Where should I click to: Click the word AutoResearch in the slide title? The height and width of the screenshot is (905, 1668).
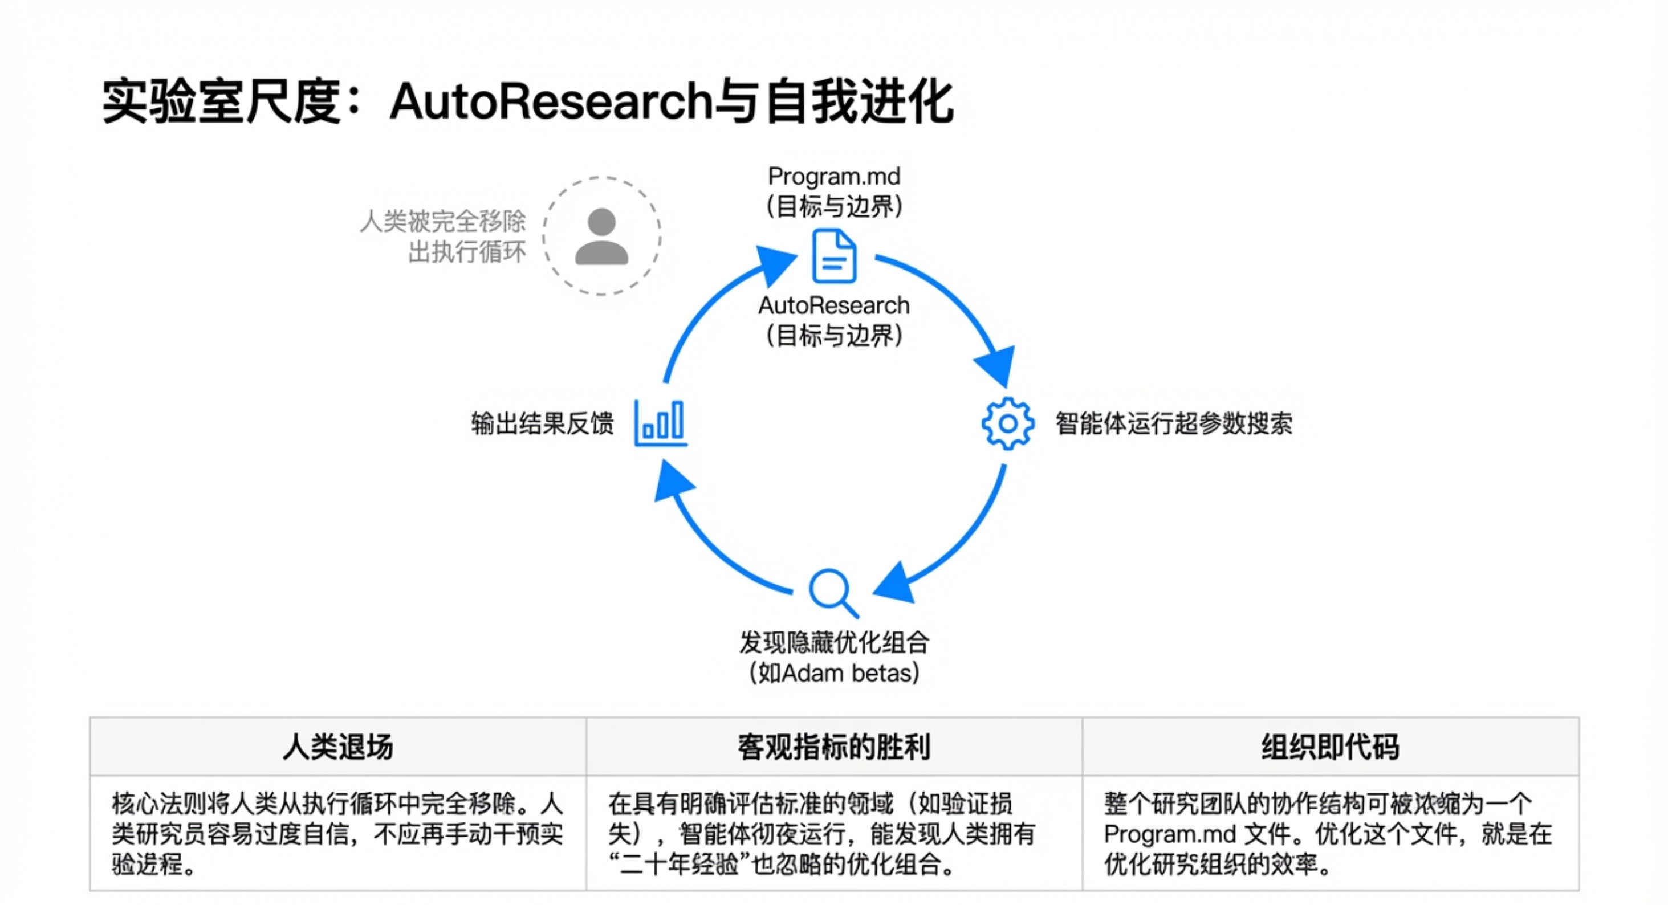[x=550, y=102]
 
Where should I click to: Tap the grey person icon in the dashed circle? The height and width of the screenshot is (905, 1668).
[x=601, y=237]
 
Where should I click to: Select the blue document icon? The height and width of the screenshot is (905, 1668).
[x=834, y=256]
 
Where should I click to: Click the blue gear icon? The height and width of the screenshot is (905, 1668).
[x=1007, y=424]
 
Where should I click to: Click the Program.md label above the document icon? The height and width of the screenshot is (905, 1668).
[x=834, y=176]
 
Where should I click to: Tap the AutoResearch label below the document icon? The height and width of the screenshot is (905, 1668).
[x=834, y=305]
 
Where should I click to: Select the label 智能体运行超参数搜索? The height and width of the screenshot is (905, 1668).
[x=1174, y=424]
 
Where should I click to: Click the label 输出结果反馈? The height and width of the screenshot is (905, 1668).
[x=542, y=424]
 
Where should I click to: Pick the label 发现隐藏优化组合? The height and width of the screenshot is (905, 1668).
[x=834, y=643]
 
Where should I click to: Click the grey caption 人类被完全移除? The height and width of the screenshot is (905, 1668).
[x=443, y=221]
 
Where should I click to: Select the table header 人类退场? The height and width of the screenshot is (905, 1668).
[x=338, y=747]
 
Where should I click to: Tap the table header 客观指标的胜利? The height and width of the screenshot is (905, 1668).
[x=834, y=747]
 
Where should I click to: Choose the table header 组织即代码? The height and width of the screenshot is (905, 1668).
[x=1330, y=747]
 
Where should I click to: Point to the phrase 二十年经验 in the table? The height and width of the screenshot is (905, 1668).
[x=678, y=866]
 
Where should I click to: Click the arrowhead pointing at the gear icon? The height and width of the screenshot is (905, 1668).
[x=997, y=366]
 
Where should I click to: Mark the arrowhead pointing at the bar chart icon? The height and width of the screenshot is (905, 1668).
[x=672, y=480]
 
